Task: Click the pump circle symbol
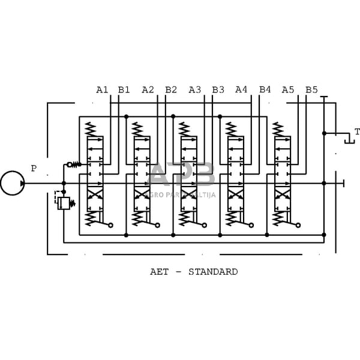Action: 12,182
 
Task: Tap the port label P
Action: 34,169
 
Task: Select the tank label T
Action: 357,132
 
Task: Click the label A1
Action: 102,90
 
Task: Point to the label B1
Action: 124,90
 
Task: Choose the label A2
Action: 148,90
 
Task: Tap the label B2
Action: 171,90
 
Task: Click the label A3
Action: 195,90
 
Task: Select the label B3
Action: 218,90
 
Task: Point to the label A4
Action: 241,90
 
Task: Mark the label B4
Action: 265,90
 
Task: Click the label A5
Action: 288,90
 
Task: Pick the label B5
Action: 311,90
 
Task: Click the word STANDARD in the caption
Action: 213,272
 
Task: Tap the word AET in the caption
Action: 159,272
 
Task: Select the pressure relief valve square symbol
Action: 64,203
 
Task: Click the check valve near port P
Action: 71,164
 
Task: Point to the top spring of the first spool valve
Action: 90,129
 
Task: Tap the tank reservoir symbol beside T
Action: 348,140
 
